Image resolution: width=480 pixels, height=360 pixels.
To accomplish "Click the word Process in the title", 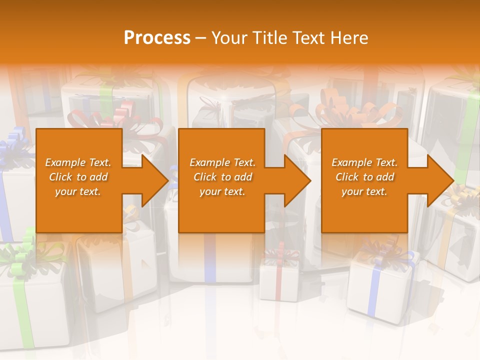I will (157, 38).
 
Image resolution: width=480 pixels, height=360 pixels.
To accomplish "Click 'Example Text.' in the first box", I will (78, 162).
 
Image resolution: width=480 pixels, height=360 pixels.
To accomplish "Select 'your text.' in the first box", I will (78, 191).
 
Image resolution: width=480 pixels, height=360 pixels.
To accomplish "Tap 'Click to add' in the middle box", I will (222, 177).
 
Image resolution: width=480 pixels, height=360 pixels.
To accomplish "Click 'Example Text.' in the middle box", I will (222, 162).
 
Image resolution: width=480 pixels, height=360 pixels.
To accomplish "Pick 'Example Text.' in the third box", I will (364, 162).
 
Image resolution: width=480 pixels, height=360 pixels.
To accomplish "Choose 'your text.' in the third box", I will (364, 191).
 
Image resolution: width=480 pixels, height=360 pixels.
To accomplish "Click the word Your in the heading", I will (228, 38).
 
